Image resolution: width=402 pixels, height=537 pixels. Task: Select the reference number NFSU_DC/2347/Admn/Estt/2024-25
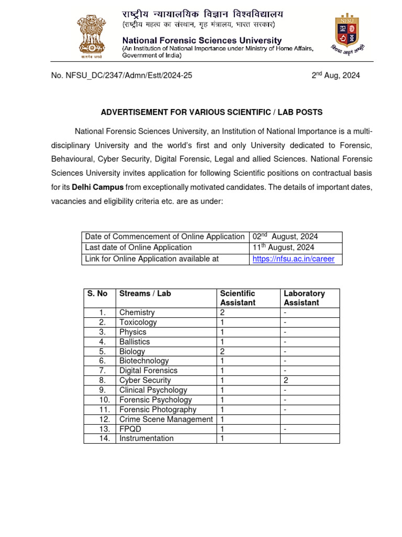click(121, 76)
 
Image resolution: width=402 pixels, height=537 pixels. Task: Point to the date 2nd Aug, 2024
click(336, 76)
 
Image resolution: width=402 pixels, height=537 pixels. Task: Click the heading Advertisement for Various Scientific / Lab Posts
click(211, 112)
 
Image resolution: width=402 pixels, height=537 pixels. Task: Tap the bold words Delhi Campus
click(98, 187)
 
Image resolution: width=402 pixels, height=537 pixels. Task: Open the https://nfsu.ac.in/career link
click(293, 259)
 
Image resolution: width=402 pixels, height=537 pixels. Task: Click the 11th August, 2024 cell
click(283, 248)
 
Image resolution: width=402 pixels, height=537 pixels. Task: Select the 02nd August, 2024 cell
click(285, 237)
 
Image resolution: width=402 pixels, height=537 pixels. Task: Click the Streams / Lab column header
click(145, 294)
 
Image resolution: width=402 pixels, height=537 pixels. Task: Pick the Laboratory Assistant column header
click(304, 298)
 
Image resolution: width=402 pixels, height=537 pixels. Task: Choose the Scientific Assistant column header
click(238, 298)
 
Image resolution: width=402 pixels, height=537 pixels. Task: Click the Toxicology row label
click(138, 323)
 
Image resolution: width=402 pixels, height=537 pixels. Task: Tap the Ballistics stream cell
click(135, 342)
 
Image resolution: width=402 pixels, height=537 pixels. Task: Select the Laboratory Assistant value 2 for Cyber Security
click(286, 381)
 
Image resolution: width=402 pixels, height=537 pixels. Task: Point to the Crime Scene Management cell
click(166, 420)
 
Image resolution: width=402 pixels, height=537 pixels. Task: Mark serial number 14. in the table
click(104, 438)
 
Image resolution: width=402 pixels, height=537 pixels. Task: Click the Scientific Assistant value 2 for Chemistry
click(222, 313)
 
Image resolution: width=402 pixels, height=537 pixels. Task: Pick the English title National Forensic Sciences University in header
click(202, 40)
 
